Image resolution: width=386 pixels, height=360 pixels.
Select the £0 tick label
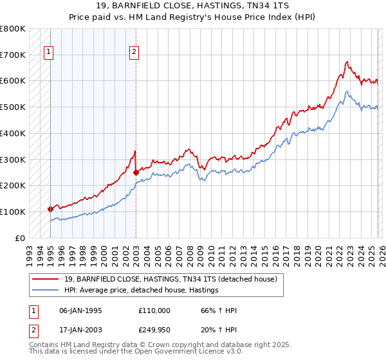coord(20,238)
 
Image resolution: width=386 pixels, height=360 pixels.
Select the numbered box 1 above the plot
coord(49,53)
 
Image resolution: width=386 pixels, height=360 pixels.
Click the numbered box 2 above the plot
coord(134,53)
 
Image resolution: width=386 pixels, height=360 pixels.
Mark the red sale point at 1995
coord(50,209)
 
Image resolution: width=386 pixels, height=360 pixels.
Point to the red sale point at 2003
coord(136,172)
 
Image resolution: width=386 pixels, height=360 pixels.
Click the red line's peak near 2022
coord(347,62)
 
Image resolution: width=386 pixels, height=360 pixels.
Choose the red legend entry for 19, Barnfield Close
coord(170,279)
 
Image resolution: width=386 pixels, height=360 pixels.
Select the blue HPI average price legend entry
coord(142,291)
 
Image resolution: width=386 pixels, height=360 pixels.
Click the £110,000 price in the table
coord(154,310)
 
